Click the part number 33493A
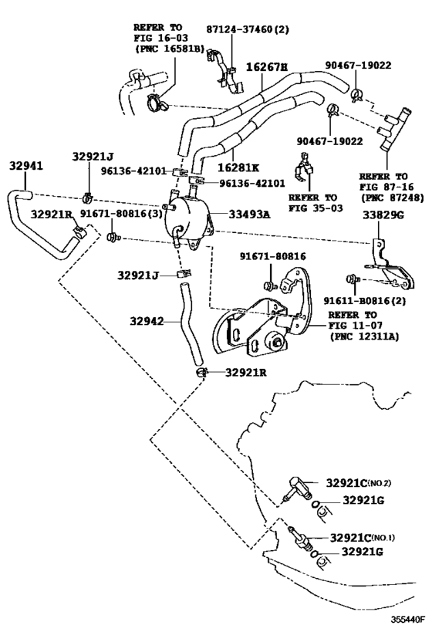click(249, 215)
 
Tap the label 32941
click(26, 166)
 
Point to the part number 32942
click(147, 321)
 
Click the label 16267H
click(266, 66)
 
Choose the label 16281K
click(238, 167)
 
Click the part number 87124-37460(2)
click(248, 29)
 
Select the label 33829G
click(383, 215)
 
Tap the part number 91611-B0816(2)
click(365, 301)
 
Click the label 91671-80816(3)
click(120, 214)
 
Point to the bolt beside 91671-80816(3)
click(113, 237)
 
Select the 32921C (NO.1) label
click(363, 538)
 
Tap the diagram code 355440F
click(407, 619)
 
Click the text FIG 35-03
click(316, 208)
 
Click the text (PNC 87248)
click(393, 198)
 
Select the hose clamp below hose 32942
click(201, 373)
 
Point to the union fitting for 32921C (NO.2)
click(299, 488)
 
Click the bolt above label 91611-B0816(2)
click(353, 279)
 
